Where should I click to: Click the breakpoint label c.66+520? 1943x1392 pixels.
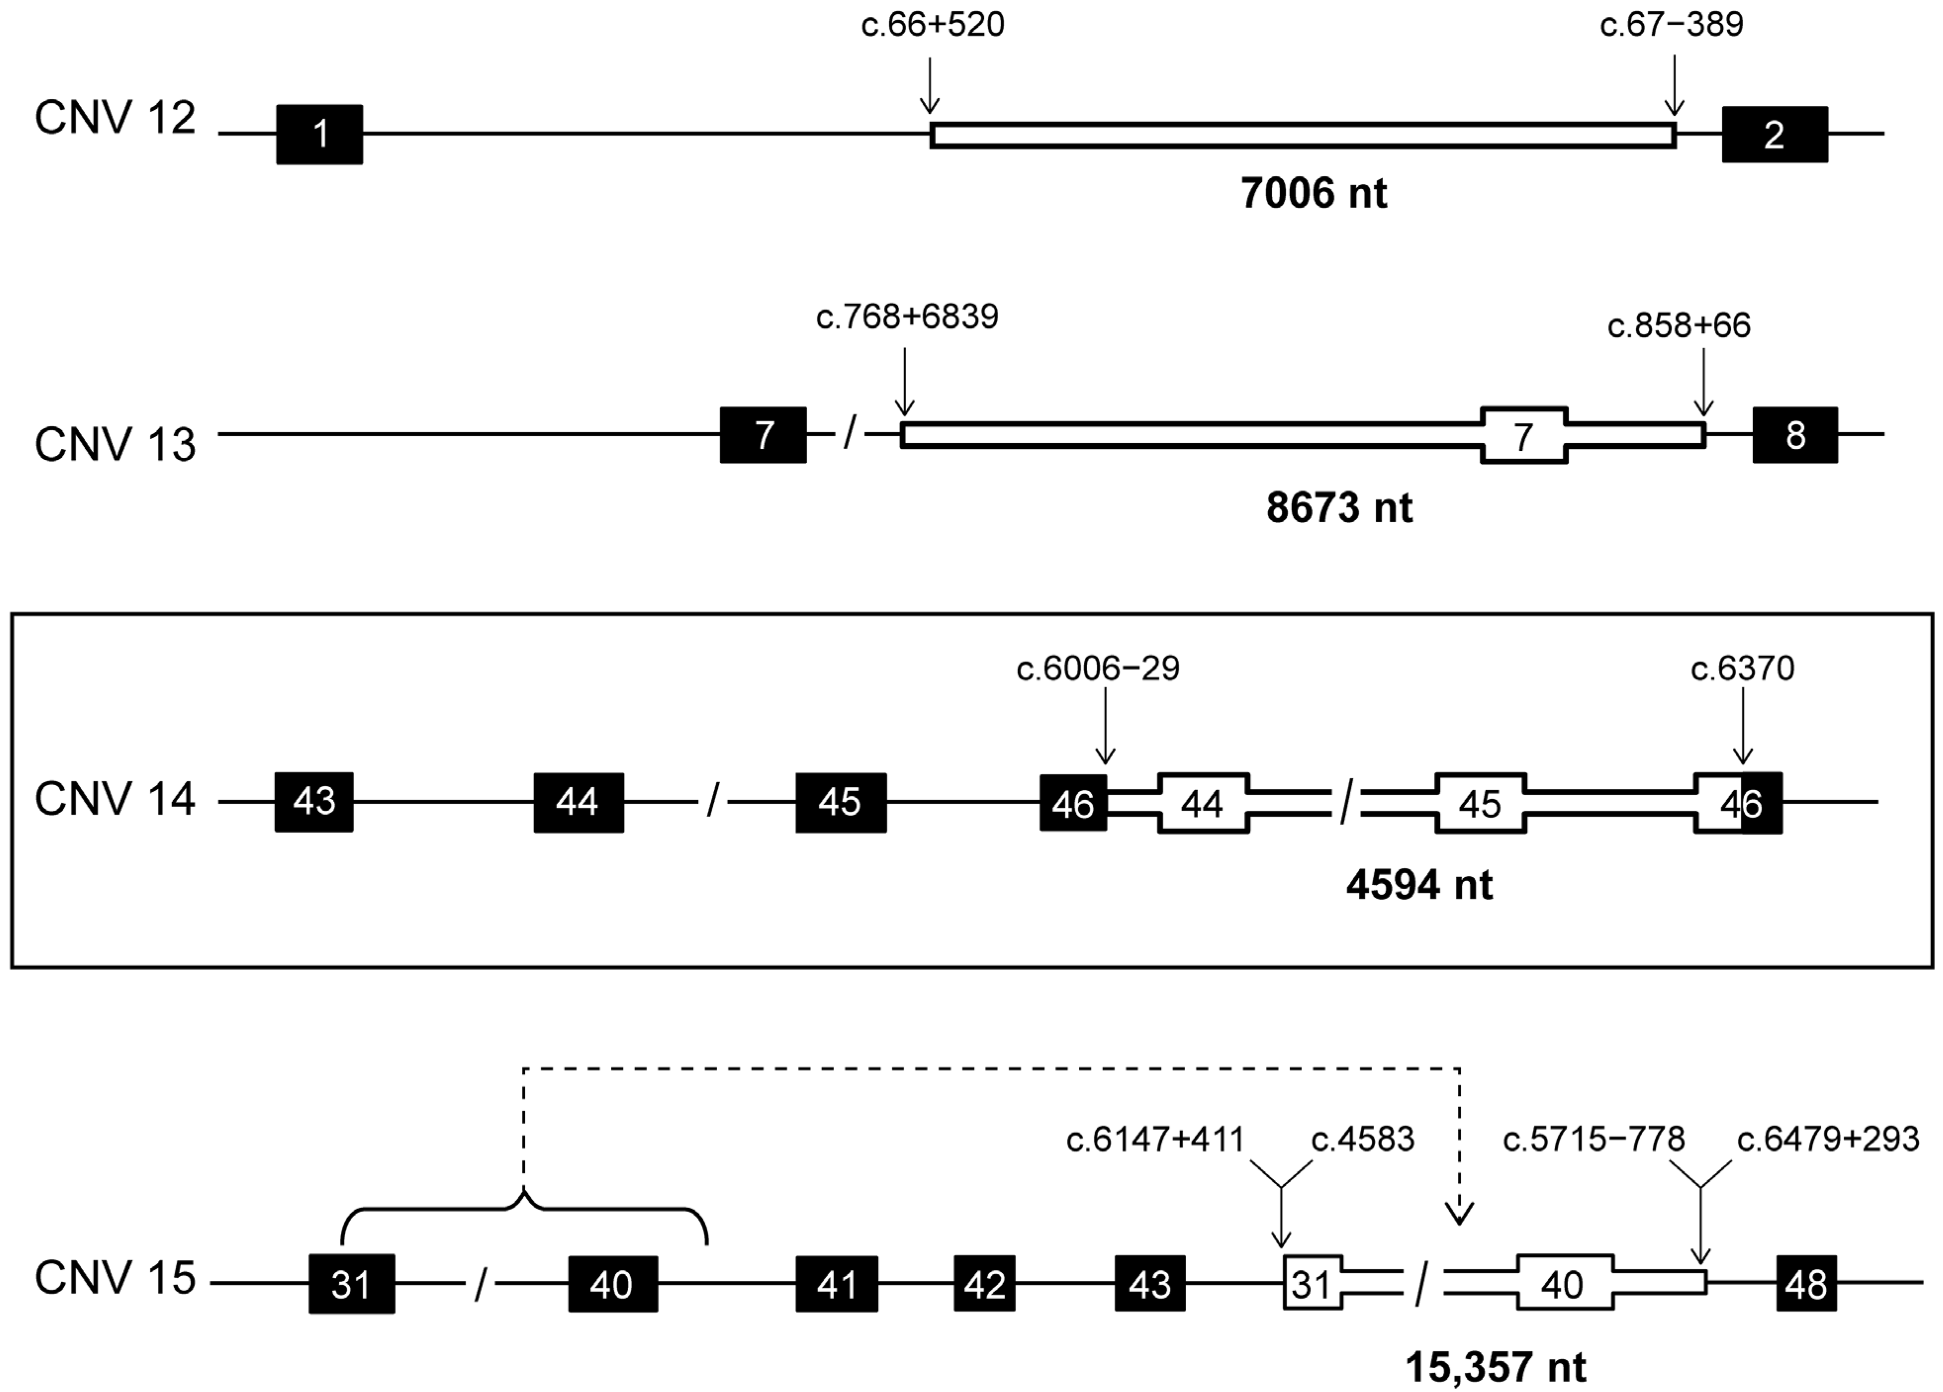point(932,25)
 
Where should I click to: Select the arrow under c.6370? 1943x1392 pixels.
point(1743,728)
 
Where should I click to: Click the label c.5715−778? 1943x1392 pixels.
point(1593,1139)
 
